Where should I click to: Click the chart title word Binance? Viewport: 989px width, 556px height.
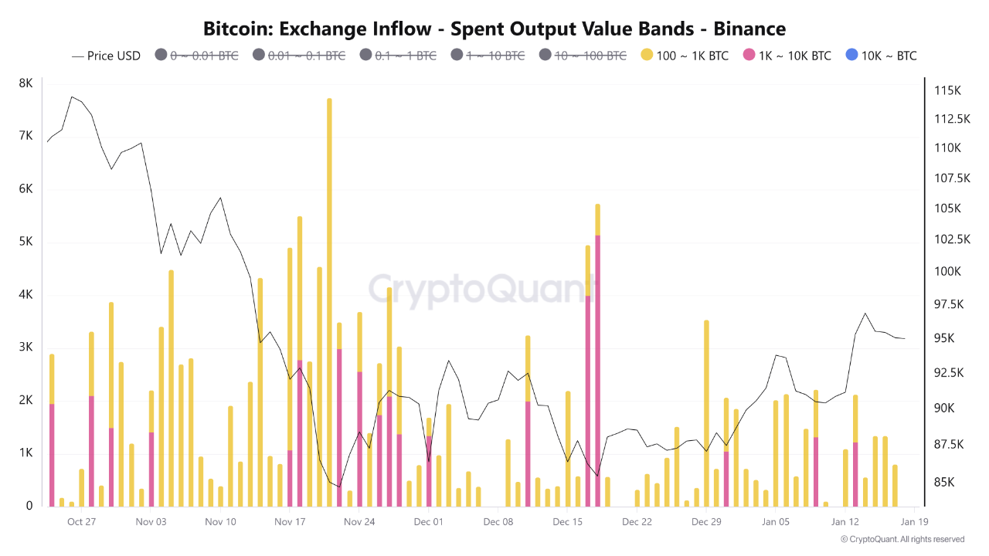pos(749,29)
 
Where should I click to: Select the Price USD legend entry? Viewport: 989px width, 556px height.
pos(107,56)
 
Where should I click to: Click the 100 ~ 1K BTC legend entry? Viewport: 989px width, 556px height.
pos(684,56)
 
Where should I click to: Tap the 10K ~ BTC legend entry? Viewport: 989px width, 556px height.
pos(880,56)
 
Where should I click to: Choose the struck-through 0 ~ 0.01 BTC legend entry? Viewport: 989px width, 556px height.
pos(196,56)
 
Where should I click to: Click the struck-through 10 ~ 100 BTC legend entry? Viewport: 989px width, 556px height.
pos(583,56)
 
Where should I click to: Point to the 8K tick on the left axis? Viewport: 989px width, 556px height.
pos(25,83)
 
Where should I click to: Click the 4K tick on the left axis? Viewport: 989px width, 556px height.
pos(25,294)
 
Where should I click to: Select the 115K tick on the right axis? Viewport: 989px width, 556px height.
pos(947,90)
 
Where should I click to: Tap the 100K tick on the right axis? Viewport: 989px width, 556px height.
pos(947,271)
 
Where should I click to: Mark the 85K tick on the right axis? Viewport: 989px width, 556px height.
pos(945,482)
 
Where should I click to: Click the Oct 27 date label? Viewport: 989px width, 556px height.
pos(81,521)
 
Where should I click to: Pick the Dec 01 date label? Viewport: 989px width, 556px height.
pos(428,521)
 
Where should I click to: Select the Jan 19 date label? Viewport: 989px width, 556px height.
pos(913,521)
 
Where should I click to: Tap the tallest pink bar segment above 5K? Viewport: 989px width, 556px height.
pos(597,371)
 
